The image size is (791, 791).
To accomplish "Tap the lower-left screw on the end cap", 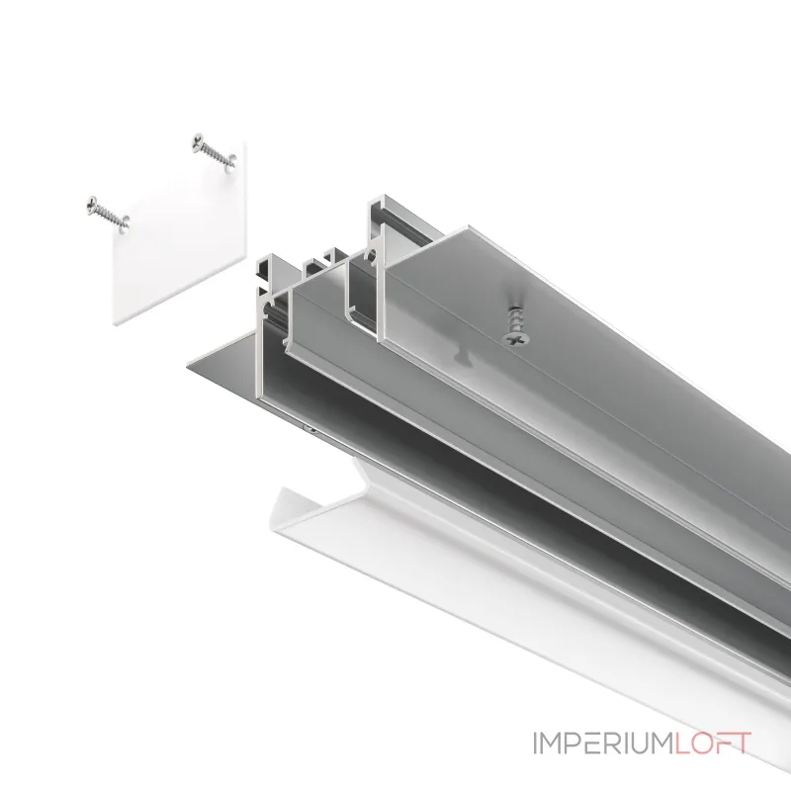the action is click(x=109, y=215).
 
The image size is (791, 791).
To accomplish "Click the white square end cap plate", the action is click(x=180, y=233).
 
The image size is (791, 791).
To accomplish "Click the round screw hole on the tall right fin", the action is click(x=373, y=254).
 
